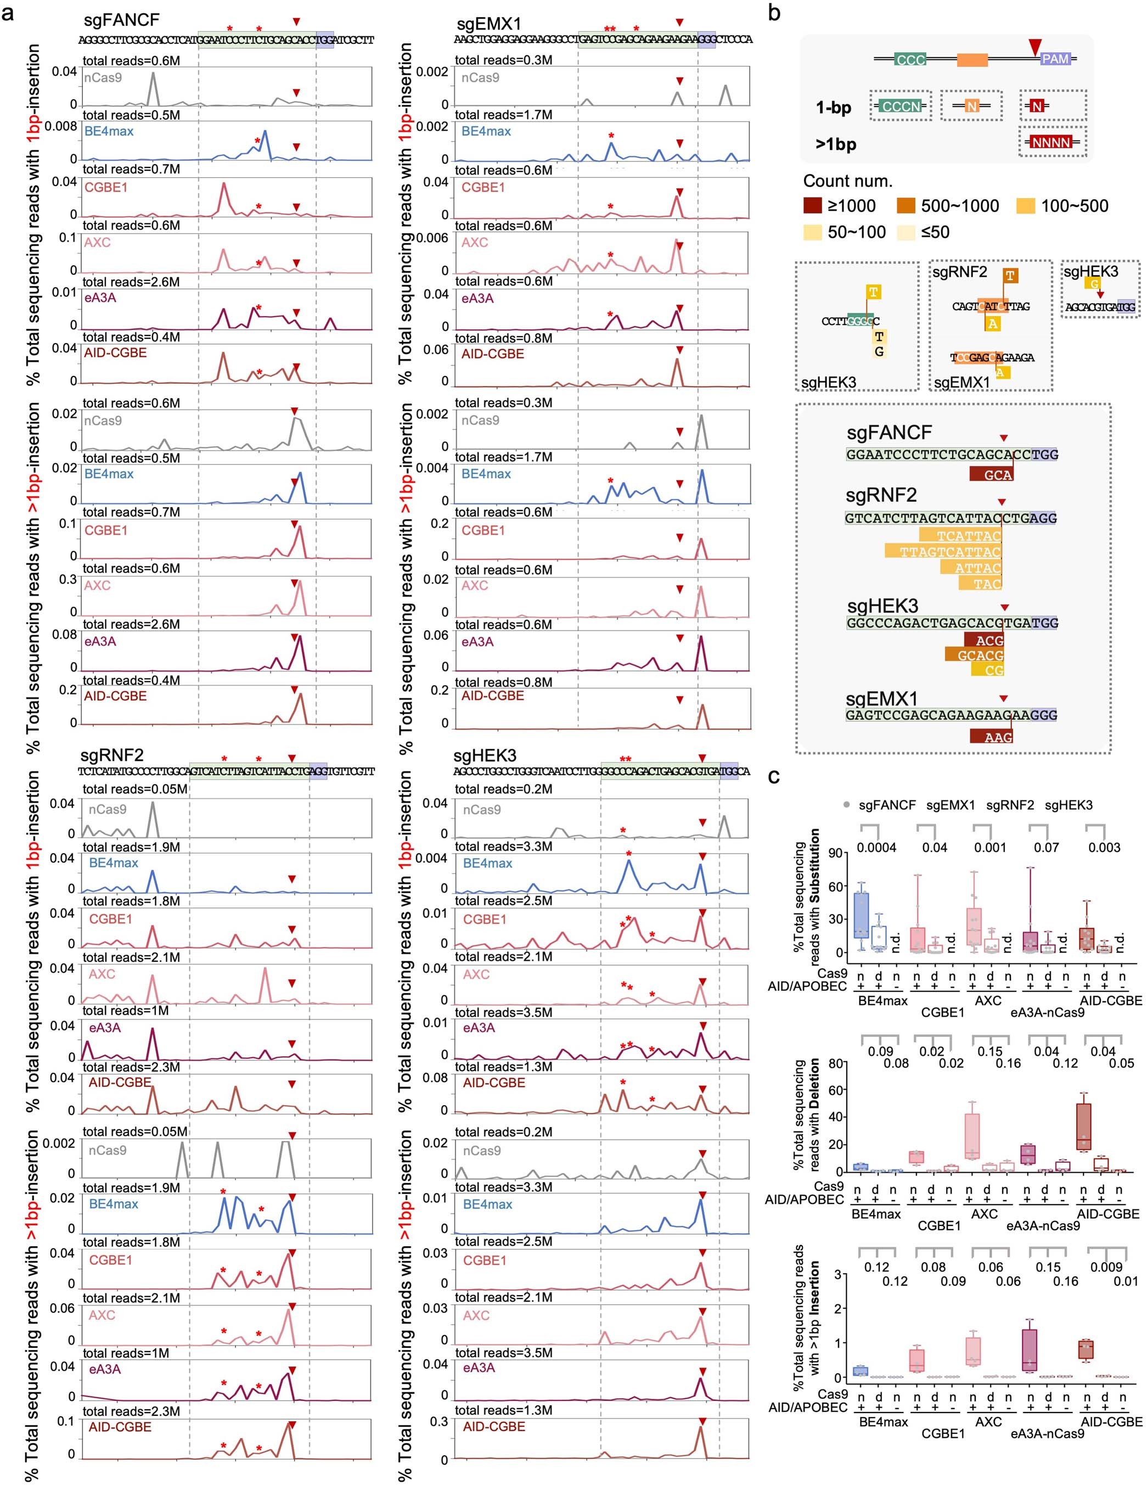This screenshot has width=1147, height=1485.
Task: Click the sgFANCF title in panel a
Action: (122, 21)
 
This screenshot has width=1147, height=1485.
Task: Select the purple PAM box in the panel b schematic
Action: (1055, 59)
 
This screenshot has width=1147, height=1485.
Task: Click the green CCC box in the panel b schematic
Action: (910, 60)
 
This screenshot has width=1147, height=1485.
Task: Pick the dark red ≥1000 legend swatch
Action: (812, 206)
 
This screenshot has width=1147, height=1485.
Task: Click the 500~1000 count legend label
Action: (960, 206)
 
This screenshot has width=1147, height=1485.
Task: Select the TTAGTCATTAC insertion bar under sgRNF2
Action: (943, 552)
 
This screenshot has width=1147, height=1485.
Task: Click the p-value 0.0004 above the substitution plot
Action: (876, 847)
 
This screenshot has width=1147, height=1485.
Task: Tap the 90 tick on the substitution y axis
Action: (836, 853)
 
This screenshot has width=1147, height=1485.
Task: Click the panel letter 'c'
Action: (774, 776)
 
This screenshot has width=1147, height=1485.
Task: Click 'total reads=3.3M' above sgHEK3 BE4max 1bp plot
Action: (504, 847)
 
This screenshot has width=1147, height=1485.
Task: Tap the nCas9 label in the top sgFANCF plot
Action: (103, 77)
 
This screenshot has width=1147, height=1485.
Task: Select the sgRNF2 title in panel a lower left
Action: (111, 755)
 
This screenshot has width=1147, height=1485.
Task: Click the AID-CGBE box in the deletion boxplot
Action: (1084, 1126)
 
